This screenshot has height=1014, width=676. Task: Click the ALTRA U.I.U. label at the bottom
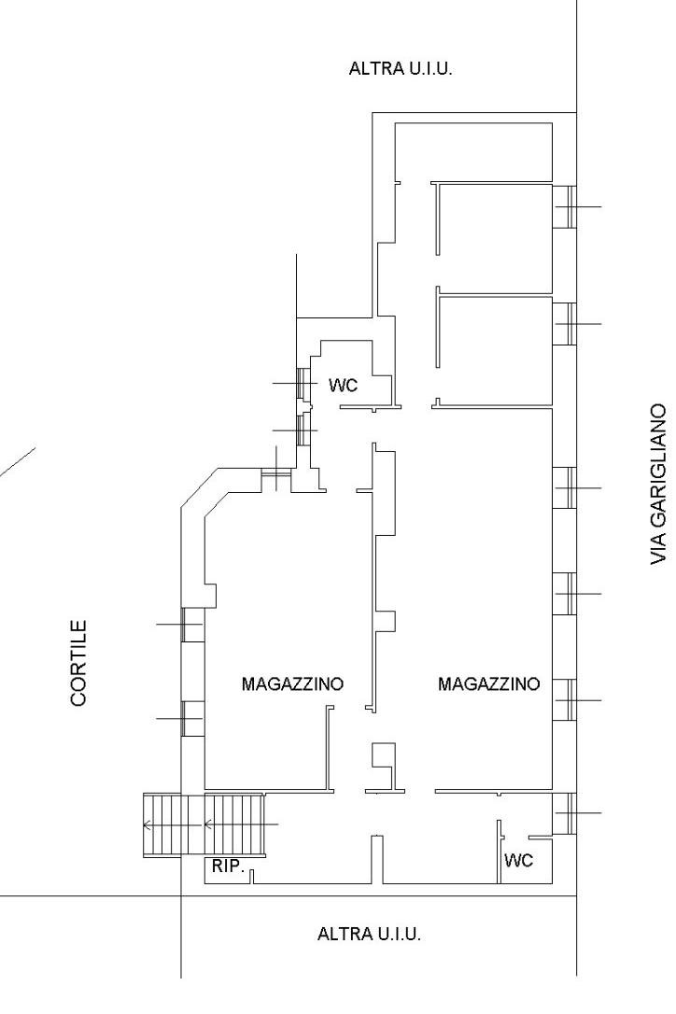coord(369,934)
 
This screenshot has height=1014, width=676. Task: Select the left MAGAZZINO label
coord(292,683)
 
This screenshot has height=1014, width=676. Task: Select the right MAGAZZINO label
coord(488,683)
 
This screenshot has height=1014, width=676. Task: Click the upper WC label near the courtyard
coord(343,385)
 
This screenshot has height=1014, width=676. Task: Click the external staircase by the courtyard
coord(204,824)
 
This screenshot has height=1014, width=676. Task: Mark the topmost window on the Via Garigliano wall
coord(564,205)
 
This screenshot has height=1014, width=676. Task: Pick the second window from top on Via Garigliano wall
coord(564,322)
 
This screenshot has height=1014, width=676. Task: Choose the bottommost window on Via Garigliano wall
coord(564,812)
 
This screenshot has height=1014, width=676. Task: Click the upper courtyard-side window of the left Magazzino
coord(192,625)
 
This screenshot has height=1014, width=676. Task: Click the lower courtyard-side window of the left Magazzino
coord(192,718)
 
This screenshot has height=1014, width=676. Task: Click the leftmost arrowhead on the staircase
coord(146,824)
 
